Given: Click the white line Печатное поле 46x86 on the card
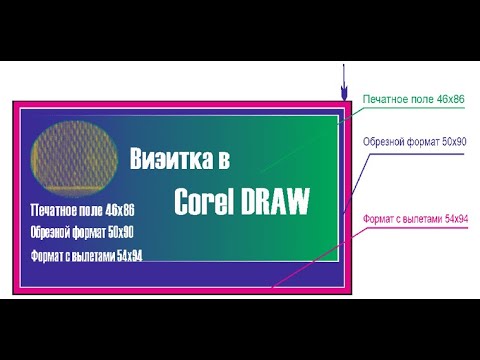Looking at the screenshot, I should coord(82,212).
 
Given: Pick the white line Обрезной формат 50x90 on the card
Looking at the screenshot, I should coord(82,233).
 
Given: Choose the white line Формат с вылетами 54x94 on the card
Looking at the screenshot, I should coord(86,256).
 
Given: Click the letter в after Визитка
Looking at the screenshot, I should coord(225,159).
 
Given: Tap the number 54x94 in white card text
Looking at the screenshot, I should coord(129,256).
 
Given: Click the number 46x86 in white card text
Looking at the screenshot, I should coord(119,212).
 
